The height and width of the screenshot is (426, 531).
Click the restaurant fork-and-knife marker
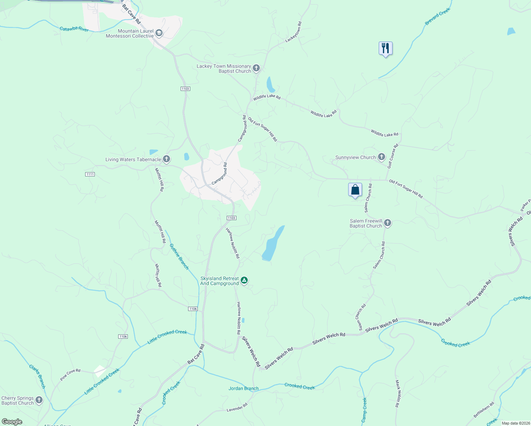click(x=385, y=48)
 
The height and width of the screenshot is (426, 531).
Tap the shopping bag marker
click(x=355, y=190)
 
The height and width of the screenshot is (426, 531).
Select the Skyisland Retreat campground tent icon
click(x=244, y=280)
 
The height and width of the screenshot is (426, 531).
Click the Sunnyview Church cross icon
click(x=382, y=157)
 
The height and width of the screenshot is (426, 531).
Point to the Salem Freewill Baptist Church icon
click(x=388, y=223)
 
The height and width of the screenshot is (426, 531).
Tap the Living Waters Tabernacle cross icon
click(x=166, y=159)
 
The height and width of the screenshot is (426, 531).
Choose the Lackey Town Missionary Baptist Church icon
click(x=256, y=68)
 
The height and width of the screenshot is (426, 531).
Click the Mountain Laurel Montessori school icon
click(x=159, y=33)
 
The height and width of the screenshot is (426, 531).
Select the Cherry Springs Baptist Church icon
click(x=39, y=400)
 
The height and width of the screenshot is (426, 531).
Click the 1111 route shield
click(x=90, y=174)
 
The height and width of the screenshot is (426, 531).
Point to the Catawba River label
click(x=74, y=29)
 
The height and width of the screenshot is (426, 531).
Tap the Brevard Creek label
click(x=437, y=17)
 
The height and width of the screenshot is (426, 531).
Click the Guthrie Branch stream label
click(x=179, y=256)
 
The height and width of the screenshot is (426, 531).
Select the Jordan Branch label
click(x=243, y=388)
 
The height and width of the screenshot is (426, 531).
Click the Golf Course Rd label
click(x=393, y=156)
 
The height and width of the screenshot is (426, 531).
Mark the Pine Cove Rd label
click(x=70, y=375)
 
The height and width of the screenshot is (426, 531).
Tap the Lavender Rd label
click(x=237, y=408)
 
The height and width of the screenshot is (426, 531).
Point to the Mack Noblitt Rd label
click(x=398, y=393)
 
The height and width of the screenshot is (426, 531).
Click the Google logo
click(x=12, y=421)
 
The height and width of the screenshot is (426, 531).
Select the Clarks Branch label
click(x=37, y=376)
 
